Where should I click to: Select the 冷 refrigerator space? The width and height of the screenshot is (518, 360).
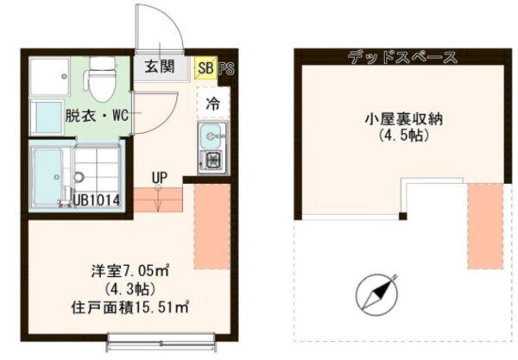click(212, 103)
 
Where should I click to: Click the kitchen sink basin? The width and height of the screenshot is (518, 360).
click(211, 136)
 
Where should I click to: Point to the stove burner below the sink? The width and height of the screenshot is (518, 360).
click(211, 160)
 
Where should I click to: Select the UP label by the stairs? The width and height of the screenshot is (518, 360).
click(159, 178)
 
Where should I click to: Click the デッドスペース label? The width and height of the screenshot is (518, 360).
click(402, 58)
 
